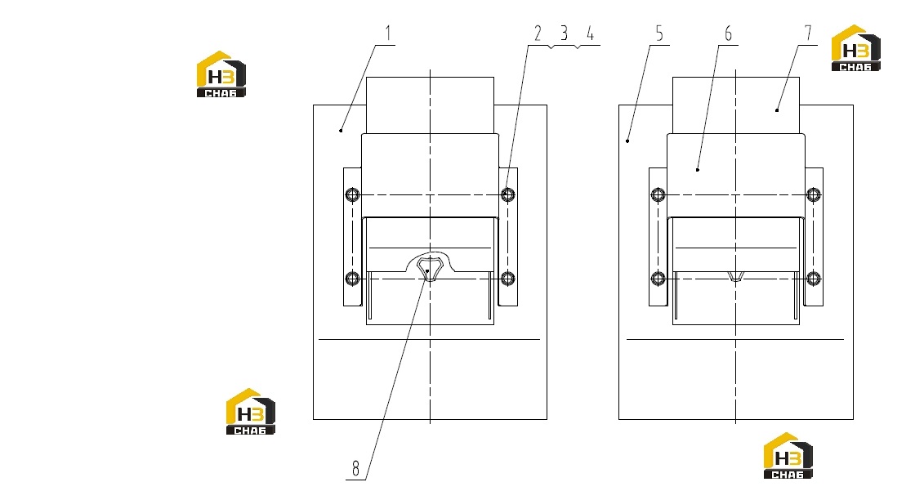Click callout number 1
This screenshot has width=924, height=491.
tap(388, 33)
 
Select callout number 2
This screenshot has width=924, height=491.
tap(538, 33)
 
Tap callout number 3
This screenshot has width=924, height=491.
tap(564, 33)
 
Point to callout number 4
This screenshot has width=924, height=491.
tap(591, 33)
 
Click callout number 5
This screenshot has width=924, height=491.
tap(659, 33)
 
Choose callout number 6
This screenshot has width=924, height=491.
tap(729, 33)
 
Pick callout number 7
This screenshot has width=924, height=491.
tap(808, 33)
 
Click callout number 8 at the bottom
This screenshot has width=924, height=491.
tap(355, 469)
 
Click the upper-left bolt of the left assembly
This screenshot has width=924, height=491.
tap(352, 194)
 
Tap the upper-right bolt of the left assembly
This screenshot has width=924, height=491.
tap(507, 194)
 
